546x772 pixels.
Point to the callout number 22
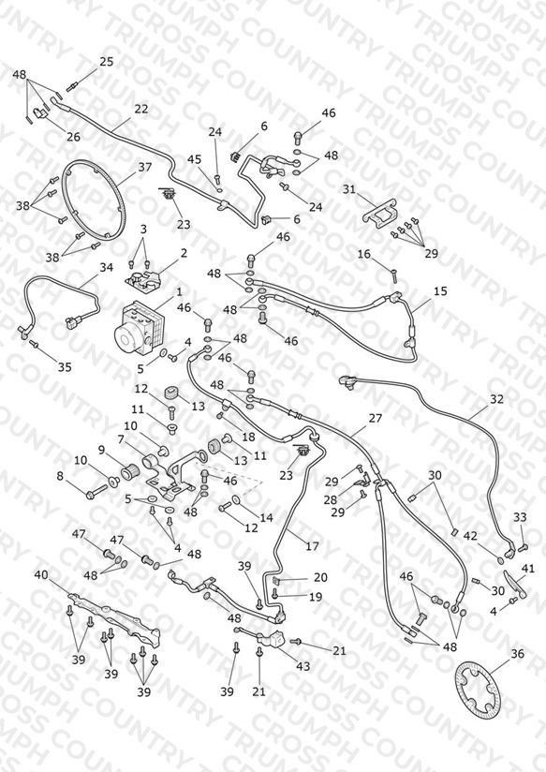[140, 110]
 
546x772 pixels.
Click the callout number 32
[496, 399]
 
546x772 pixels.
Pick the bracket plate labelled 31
[380, 215]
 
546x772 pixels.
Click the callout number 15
[440, 291]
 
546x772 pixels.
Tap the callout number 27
[376, 419]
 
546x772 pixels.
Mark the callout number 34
[107, 267]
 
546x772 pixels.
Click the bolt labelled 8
[96, 491]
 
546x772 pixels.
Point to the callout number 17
[312, 546]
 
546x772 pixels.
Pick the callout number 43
[303, 666]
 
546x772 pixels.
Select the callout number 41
[527, 569]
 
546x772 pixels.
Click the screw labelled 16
[394, 275]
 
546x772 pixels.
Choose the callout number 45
[195, 159]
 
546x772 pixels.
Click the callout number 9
[102, 450]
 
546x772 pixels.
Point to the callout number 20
[320, 577]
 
